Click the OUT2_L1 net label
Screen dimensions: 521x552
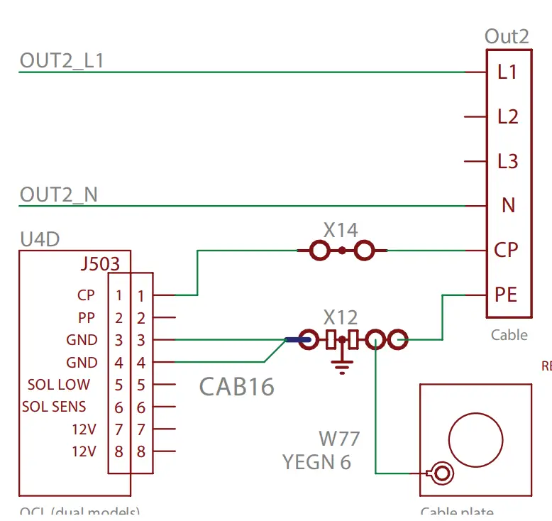[62, 61]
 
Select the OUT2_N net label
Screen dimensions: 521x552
[59, 194]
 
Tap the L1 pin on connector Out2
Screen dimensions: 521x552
[507, 72]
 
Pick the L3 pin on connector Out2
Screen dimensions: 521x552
[507, 162]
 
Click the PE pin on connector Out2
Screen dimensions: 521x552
[507, 295]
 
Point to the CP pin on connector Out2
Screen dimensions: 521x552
[507, 250]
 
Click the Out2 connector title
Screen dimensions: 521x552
[507, 37]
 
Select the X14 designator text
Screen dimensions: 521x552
[341, 230]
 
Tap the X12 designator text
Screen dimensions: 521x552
[341, 317]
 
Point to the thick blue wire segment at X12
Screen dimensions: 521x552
[297, 340]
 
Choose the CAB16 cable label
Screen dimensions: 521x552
[236, 387]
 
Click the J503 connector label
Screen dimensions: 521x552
[100, 265]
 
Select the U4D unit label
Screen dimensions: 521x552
[40, 239]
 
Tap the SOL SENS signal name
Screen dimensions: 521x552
[54, 407]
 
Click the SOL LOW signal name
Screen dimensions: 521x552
[59, 385]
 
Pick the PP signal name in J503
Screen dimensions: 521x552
[87, 317]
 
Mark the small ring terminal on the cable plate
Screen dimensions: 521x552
[442, 473]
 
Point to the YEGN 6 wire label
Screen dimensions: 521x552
[316, 462]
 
